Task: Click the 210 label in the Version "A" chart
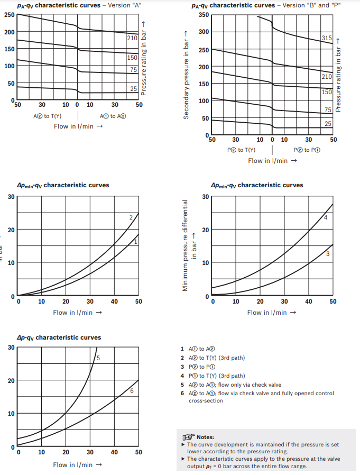click(133, 38)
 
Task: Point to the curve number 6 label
click(132, 391)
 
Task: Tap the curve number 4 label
click(326, 217)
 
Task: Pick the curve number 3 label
click(328, 254)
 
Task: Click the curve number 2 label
click(131, 217)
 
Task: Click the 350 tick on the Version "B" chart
click(204, 14)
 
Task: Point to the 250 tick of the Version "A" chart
click(9, 14)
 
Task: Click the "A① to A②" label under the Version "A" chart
click(113, 116)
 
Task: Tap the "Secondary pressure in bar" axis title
click(186, 74)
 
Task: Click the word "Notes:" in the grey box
click(205, 437)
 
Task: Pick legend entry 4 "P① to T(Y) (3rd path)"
click(216, 376)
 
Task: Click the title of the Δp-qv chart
click(59, 337)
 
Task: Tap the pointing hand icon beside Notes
click(188, 437)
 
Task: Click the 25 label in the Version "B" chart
click(328, 124)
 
